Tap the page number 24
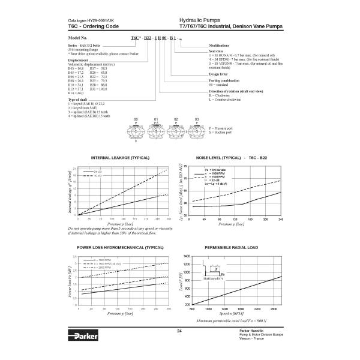(x=179, y=331)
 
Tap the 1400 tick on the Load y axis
(x=186, y=256)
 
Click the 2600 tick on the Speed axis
(x=274, y=309)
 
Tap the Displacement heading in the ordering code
(x=79, y=60)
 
